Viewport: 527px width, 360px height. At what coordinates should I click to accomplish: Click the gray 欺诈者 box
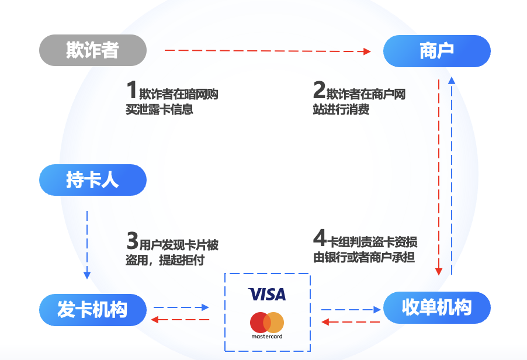pyautogui.click(x=92, y=50)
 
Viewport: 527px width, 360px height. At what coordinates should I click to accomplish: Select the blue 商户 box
pyautogui.click(x=436, y=51)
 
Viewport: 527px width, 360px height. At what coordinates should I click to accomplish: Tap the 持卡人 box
pyautogui.click(x=92, y=180)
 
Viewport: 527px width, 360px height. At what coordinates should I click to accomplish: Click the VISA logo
pyautogui.click(x=267, y=294)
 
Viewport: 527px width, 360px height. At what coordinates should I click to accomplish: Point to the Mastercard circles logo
pyautogui.click(x=267, y=323)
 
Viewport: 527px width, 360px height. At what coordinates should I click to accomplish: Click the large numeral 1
pyautogui.click(x=131, y=91)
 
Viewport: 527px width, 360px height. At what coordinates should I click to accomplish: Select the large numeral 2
pyautogui.click(x=319, y=91)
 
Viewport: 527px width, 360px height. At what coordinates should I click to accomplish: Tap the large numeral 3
pyautogui.click(x=132, y=240)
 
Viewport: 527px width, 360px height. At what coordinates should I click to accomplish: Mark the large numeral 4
pyautogui.click(x=319, y=238)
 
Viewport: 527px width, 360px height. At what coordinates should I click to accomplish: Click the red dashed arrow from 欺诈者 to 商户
pyautogui.click(x=268, y=51)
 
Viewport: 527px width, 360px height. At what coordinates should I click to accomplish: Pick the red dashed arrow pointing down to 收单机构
pyautogui.click(x=439, y=175)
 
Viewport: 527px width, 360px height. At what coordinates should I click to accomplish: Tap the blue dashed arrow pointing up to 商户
pyautogui.click(x=450, y=175)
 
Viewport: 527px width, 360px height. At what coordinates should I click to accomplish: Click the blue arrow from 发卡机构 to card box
pyautogui.click(x=181, y=307)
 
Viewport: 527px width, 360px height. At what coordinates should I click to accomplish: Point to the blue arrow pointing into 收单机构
pyautogui.click(x=351, y=309)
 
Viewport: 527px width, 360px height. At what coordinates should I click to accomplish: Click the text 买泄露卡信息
pyautogui.click(x=159, y=109)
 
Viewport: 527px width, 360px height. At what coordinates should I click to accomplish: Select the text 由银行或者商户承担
pyautogui.click(x=364, y=258)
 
